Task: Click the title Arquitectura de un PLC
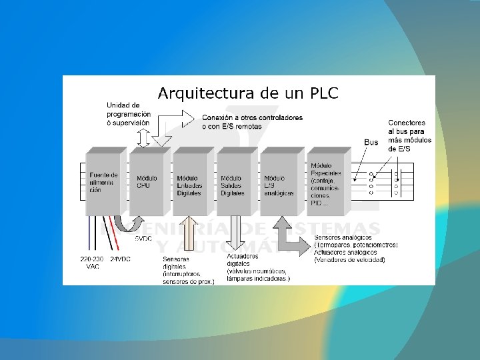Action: (x=247, y=93)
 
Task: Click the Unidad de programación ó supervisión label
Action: (x=129, y=114)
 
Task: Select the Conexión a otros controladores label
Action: (x=252, y=121)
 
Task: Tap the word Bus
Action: (x=371, y=142)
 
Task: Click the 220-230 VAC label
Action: (x=93, y=262)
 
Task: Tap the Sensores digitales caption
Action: (x=187, y=270)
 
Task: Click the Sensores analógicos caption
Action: (x=355, y=248)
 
